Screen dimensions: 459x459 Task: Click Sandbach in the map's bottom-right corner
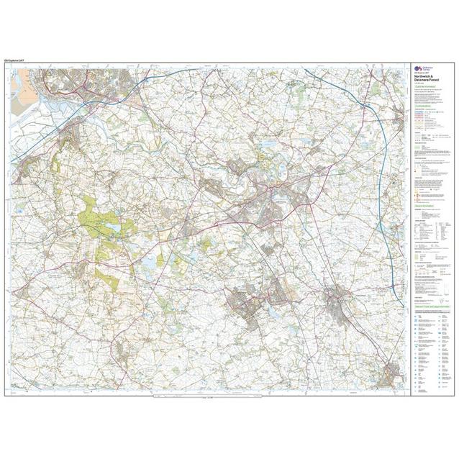pyautogui.click(x=392, y=374)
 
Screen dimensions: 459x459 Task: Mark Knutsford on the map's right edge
pyautogui.click(x=397, y=115)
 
